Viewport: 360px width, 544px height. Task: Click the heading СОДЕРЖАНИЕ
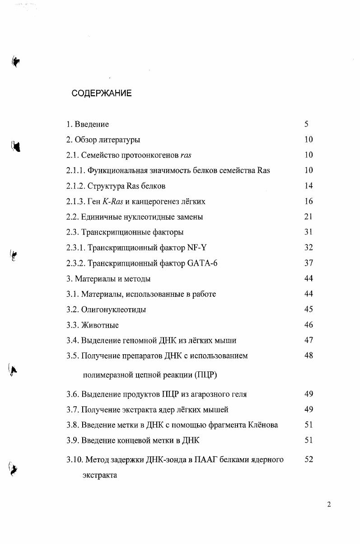coord(102,94)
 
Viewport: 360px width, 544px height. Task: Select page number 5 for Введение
coord(307,124)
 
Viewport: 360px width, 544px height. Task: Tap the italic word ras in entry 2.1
coord(186,155)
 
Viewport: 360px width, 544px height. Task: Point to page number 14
coord(309,186)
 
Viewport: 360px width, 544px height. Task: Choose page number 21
coord(309,216)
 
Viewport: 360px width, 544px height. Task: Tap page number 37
coord(309,263)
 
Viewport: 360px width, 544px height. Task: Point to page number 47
coord(309,340)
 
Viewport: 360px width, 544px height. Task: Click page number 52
coord(309,460)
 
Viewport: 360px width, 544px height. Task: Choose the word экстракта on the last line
coord(100,475)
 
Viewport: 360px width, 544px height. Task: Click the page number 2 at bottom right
coord(329,505)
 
